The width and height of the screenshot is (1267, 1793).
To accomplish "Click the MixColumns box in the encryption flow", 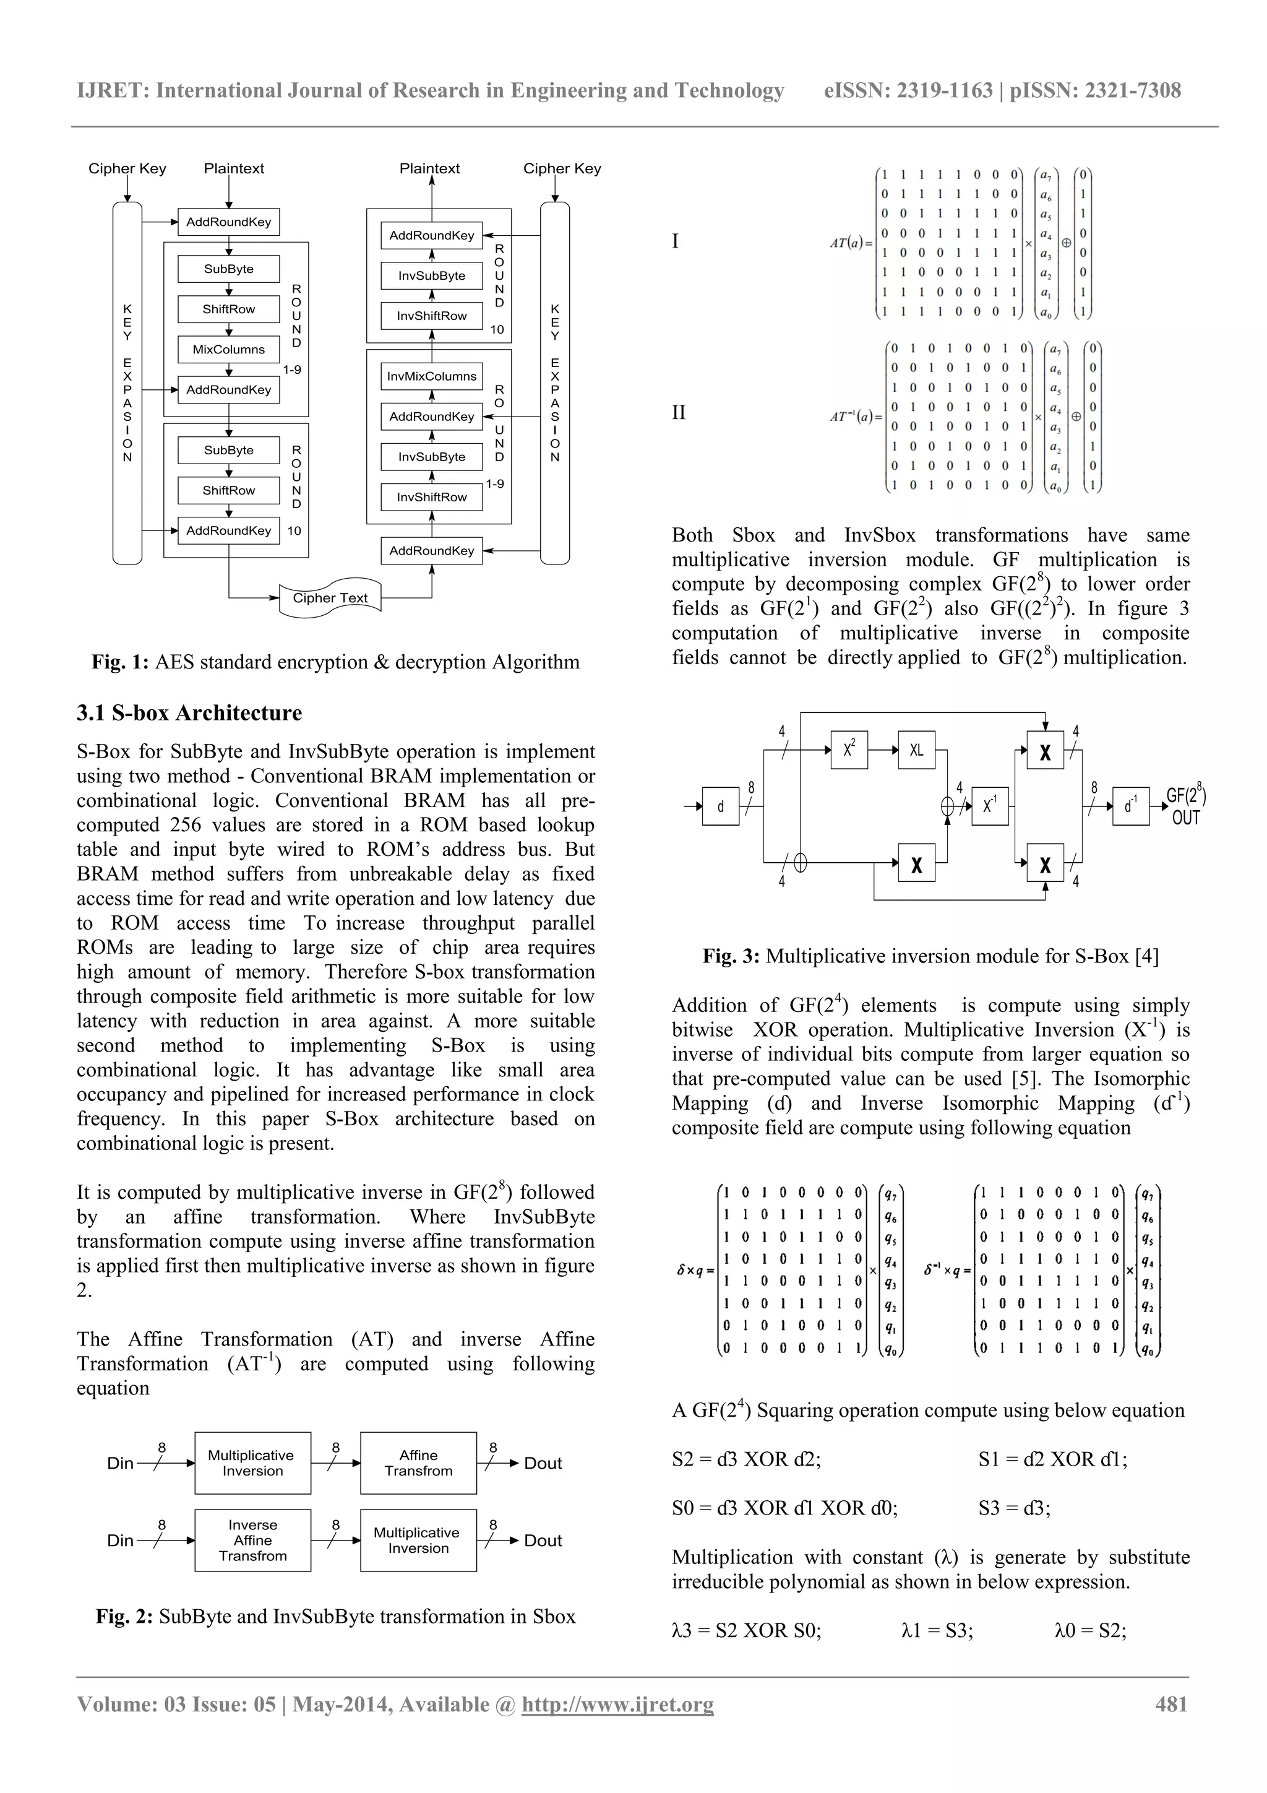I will (x=229, y=349).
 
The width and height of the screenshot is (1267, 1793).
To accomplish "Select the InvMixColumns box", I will (x=432, y=376).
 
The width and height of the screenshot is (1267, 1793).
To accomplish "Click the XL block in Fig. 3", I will (x=916, y=750).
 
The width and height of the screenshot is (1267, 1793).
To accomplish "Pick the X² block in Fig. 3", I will (x=849, y=750).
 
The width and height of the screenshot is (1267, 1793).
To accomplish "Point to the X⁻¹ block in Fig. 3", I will (x=989, y=806).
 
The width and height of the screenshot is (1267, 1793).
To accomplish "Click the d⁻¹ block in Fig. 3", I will (x=1130, y=806).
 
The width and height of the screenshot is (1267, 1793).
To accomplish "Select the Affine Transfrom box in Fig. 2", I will (x=418, y=1462).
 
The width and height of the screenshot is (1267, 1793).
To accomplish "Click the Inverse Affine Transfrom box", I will (x=253, y=1540).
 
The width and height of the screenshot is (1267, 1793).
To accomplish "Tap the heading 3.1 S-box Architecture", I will (x=189, y=713).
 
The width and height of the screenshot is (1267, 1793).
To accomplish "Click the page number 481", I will (x=1171, y=1704).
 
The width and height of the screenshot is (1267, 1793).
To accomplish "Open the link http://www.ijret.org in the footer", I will (x=617, y=1704).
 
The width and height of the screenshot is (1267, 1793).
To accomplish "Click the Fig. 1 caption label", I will (x=120, y=662).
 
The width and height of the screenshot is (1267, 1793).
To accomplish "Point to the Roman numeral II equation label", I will (x=679, y=412).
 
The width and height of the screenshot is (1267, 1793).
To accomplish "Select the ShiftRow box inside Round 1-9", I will (x=229, y=309).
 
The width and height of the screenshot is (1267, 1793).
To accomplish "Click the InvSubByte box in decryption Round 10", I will (x=432, y=275).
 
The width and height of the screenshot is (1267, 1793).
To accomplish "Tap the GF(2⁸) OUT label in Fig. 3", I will (x=1186, y=806).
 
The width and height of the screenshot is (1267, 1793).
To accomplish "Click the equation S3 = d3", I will (x=1014, y=1508).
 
